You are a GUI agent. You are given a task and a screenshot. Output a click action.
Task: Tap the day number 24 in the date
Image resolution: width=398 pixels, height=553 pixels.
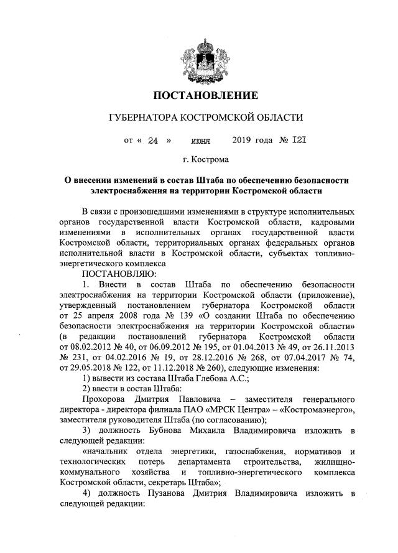154,141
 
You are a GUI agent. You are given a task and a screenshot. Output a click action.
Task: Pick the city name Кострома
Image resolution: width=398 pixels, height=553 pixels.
211,160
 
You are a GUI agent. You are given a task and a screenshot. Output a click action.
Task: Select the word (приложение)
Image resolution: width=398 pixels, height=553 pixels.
328,294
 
